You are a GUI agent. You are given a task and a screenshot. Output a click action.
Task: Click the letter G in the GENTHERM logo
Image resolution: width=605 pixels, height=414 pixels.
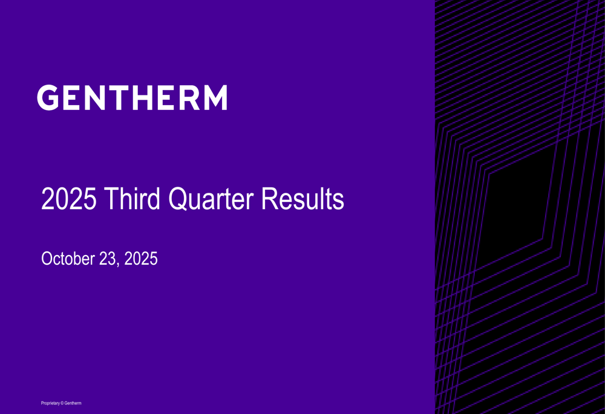tap(48, 97)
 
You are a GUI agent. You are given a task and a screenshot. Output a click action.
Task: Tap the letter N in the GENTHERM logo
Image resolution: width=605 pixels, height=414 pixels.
tap(94, 97)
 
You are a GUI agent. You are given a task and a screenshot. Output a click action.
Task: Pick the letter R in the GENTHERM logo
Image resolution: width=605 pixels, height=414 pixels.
tap(190, 97)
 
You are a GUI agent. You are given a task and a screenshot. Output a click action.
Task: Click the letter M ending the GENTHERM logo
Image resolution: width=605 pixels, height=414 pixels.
tap(215, 97)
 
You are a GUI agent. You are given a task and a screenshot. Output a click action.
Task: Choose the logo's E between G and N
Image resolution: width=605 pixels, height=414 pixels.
tap(71, 97)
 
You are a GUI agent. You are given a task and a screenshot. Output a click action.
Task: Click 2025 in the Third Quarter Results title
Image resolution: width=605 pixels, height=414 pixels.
tap(69, 198)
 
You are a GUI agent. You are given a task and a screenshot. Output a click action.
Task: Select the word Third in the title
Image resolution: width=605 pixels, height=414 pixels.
tap(132, 198)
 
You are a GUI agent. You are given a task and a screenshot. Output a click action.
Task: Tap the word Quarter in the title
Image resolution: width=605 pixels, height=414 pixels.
tap(211, 199)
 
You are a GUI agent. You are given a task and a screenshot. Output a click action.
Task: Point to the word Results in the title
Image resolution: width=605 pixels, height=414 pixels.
tap(302, 198)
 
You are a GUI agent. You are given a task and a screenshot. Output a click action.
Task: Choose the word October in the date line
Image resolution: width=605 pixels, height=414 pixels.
tap(68, 258)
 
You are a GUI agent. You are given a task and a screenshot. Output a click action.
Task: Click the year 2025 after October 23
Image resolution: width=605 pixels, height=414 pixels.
tap(141, 258)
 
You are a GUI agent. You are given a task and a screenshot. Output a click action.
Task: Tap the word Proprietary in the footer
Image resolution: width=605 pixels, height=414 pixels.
tap(50, 403)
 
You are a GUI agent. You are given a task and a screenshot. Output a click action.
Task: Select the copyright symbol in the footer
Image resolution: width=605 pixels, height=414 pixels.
tap(62, 403)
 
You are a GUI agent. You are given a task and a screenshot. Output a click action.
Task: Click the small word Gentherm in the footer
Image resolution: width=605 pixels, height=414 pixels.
tap(73, 403)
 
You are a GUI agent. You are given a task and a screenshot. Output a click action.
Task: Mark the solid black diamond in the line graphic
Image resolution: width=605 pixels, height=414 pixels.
tap(517, 208)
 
